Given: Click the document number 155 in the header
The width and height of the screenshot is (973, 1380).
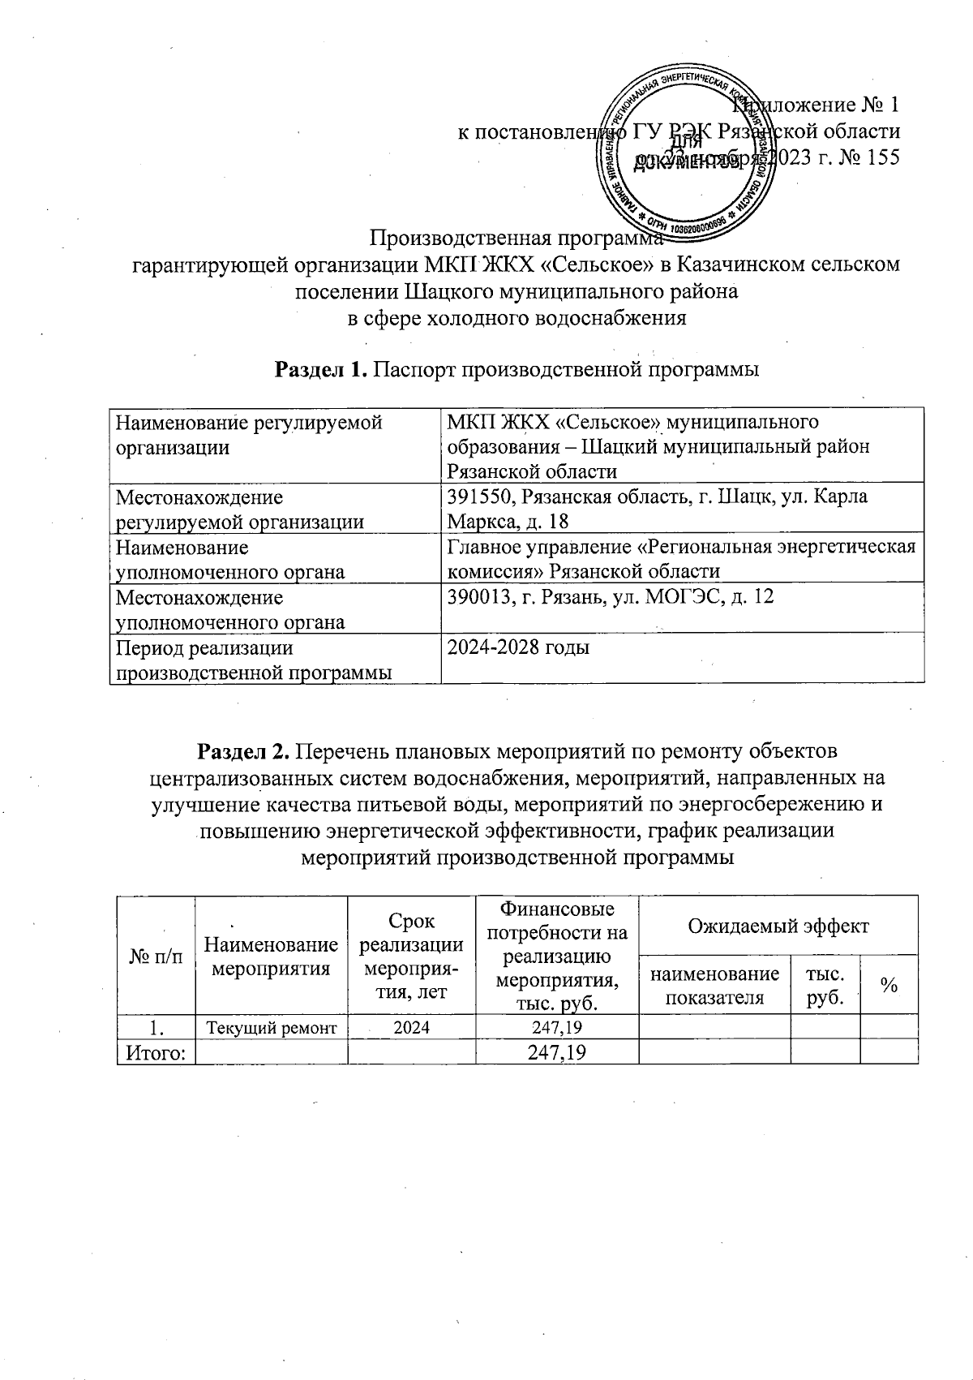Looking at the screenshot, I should [x=883, y=157].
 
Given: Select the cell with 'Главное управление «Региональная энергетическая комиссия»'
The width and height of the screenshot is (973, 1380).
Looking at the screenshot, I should [x=681, y=558].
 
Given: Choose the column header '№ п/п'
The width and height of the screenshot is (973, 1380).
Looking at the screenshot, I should [x=156, y=956].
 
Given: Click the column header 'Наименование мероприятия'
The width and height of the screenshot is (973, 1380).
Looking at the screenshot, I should [x=271, y=956].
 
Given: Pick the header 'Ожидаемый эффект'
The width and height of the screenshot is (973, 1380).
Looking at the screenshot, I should [x=778, y=926].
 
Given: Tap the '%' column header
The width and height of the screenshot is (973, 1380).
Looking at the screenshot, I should [x=889, y=986].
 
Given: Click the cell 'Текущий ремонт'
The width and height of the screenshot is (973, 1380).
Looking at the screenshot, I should [x=271, y=1029].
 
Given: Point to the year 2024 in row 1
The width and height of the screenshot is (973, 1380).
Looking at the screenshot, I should [x=411, y=1029].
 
